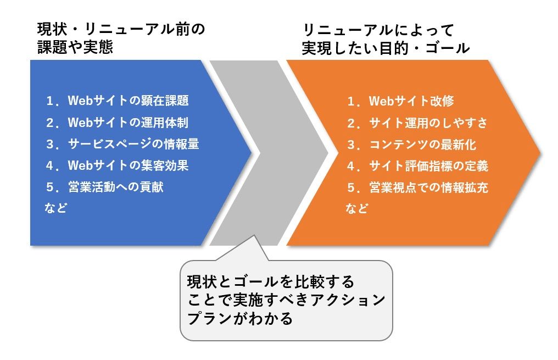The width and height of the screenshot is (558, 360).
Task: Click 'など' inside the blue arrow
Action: (56, 208)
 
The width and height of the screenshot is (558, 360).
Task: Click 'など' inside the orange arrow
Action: (357, 208)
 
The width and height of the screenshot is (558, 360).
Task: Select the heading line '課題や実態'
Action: (75, 47)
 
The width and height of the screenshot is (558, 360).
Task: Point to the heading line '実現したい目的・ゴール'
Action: (386, 48)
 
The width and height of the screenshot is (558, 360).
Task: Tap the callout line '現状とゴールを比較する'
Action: (271, 281)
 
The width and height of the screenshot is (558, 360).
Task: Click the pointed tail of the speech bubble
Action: (254, 236)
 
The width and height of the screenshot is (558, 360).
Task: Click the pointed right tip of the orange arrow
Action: (540, 153)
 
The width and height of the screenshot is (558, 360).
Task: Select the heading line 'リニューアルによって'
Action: (378, 30)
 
